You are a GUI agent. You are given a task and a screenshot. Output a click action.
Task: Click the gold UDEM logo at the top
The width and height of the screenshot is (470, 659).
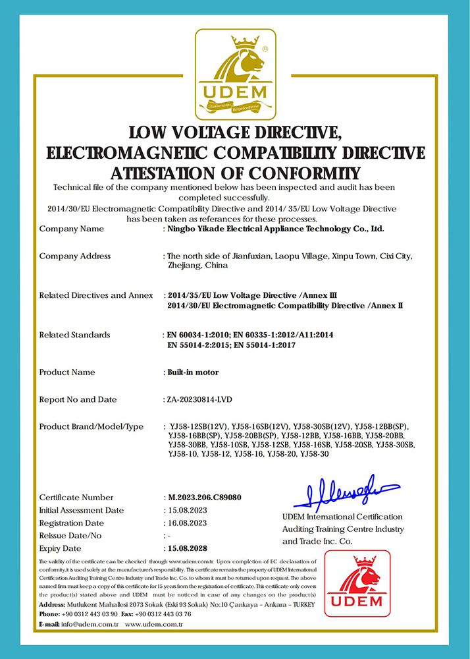(x=235, y=72)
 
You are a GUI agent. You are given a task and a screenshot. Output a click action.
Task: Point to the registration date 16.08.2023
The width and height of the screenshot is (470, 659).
(x=188, y=523)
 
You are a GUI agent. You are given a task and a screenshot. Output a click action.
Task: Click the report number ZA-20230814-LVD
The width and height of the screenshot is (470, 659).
(x=200, y=399)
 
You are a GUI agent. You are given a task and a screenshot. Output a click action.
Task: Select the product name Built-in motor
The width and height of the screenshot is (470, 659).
(x=193, y=372)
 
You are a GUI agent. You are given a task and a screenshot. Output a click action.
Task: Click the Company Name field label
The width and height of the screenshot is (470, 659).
(x=72, y=229)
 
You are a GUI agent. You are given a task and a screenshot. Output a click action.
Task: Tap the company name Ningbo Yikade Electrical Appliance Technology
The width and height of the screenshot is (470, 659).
(x=275, y=229)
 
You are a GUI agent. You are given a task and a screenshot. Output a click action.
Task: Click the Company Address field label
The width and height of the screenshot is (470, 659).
(x=75, y=256)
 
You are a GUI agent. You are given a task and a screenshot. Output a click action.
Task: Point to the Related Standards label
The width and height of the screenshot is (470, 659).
(x=74, y=335)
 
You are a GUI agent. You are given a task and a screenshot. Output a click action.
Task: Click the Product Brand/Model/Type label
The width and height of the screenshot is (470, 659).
(x=91, y=426)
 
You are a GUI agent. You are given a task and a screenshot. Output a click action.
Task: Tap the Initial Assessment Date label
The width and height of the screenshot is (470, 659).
(x=81, y=510)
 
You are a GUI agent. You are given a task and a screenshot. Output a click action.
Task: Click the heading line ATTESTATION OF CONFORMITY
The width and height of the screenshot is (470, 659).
(x=235, y=173)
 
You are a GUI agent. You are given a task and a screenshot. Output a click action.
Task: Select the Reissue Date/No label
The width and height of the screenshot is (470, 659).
(x=70, y=535)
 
